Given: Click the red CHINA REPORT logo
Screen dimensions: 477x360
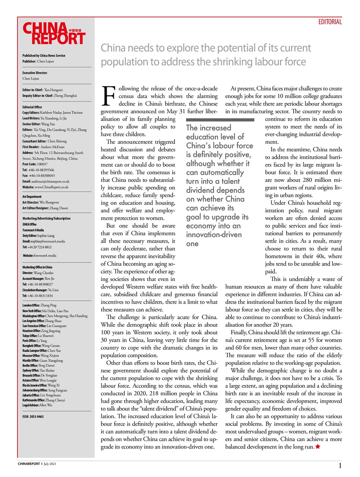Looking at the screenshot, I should [54, 34].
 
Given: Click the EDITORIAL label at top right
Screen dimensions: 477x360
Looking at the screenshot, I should [330, 22].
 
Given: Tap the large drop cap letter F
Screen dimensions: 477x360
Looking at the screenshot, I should [108, 96].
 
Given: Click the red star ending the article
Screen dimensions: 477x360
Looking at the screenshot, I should [318, 447].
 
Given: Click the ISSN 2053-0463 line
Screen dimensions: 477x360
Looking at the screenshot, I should [33, 417].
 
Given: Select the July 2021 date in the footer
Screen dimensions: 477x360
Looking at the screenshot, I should [50, 464].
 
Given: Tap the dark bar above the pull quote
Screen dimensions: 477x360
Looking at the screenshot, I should [220, 120].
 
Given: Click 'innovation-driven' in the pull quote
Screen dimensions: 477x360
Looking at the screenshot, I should [214, 235].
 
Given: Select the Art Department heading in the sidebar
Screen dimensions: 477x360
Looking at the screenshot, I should [32, 196].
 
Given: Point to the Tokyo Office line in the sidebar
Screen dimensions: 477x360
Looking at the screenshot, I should [38, 336].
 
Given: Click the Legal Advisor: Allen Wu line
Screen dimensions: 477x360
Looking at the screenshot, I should [37, 405].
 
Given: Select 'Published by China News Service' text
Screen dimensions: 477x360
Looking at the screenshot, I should [44, 56].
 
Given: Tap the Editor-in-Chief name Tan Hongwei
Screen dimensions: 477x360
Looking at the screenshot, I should [53, 90].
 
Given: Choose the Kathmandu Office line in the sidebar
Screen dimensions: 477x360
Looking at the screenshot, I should [44, 400].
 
